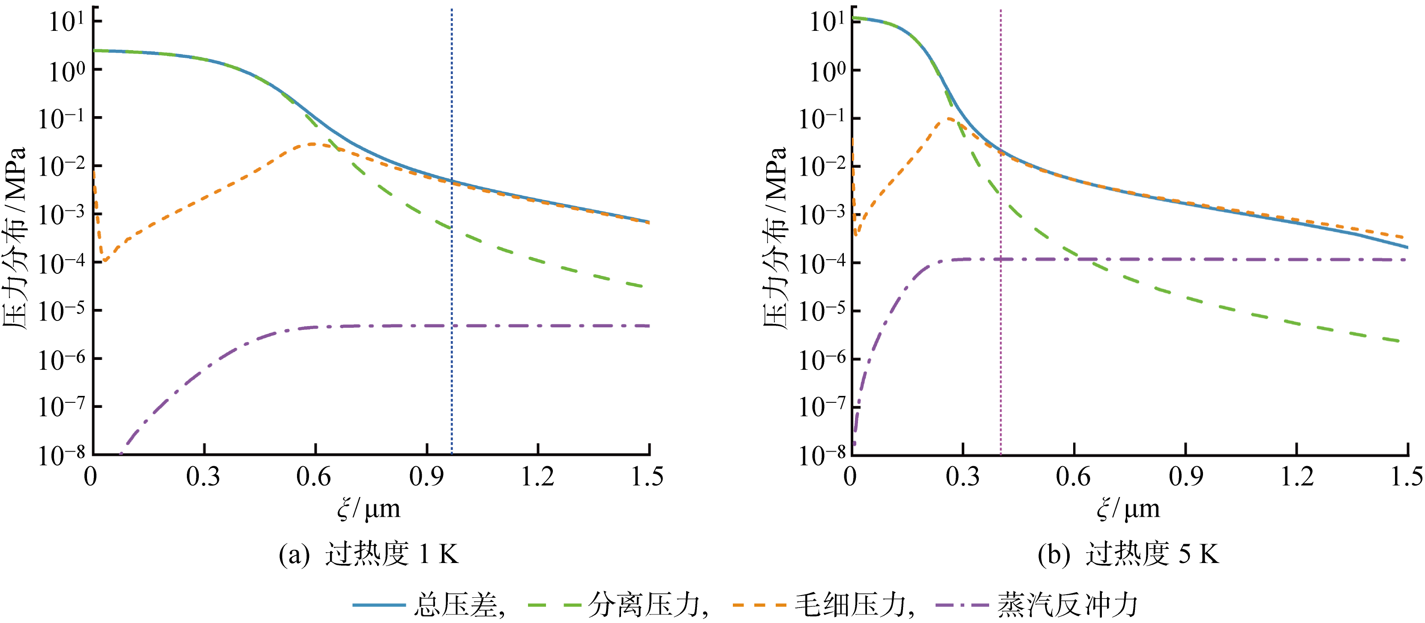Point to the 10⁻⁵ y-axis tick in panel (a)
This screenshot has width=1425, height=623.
tap(61, 311)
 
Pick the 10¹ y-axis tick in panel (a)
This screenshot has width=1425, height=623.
tap(66, 22)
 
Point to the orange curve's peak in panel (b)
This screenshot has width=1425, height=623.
tap(949, 118)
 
